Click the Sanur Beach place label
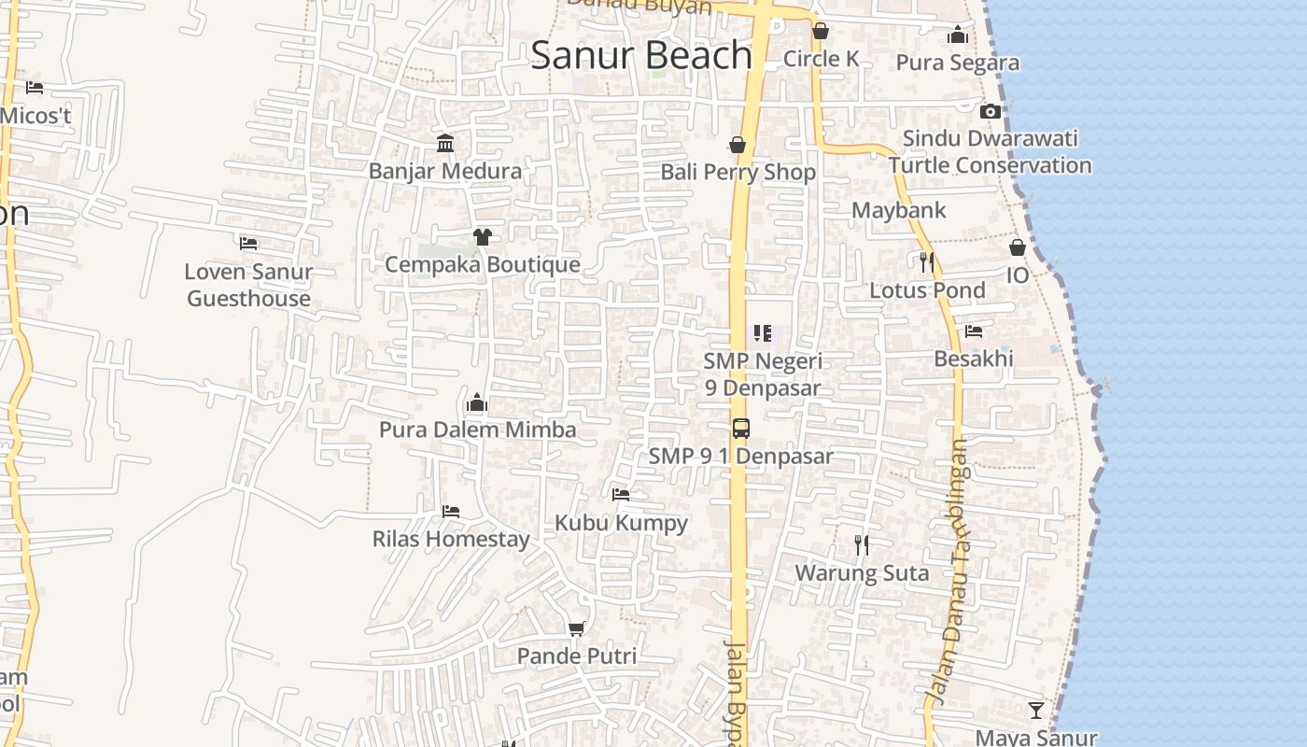[x=641, y=55]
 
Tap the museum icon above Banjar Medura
[x=445, y=144]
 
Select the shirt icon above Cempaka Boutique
[x=482, y=237]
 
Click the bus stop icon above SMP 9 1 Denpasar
[x=740, y=429]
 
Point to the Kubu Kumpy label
[x=621, y=523]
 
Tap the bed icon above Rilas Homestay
[x=451, y=512]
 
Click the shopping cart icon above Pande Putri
[x=577, y=629]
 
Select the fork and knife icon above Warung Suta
[x=862, y=544]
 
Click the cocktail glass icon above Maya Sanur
[x=1036, y=711]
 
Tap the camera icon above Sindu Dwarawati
[x=991, y=112]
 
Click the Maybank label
[x=898, y=210]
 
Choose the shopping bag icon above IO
[x=1018, y=247]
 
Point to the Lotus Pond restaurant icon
[x=926, y=262]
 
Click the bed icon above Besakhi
[x=974, y=331]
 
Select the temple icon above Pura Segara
[x=958, y=35]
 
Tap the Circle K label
[x=821, y=59]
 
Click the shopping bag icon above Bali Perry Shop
[x=738, y=145]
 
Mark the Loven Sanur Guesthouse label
[x=248, y=285]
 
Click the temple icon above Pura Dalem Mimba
[x=477, y=403]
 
